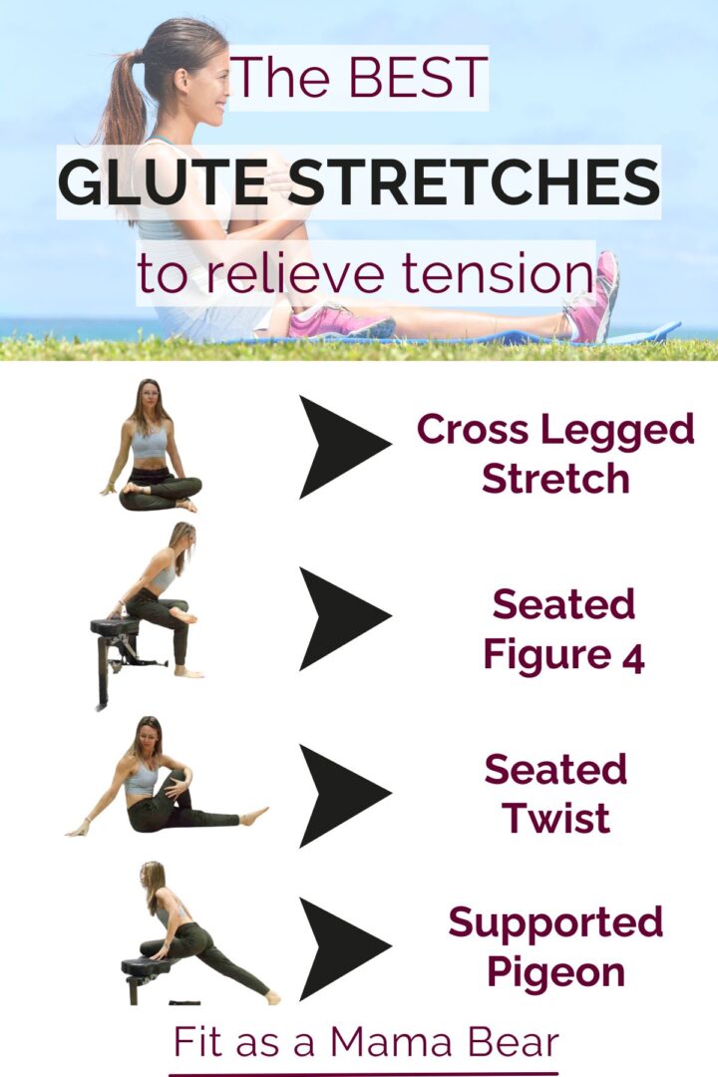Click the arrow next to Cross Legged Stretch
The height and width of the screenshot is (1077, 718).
(x=343, y=447)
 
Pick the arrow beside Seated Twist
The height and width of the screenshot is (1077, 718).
(x=343, y=795)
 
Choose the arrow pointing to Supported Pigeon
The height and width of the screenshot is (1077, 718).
(x=343, y=947)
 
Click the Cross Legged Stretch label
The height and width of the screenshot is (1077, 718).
(x=555, y=454)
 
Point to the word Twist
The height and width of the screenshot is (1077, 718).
(x=556, y=819)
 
